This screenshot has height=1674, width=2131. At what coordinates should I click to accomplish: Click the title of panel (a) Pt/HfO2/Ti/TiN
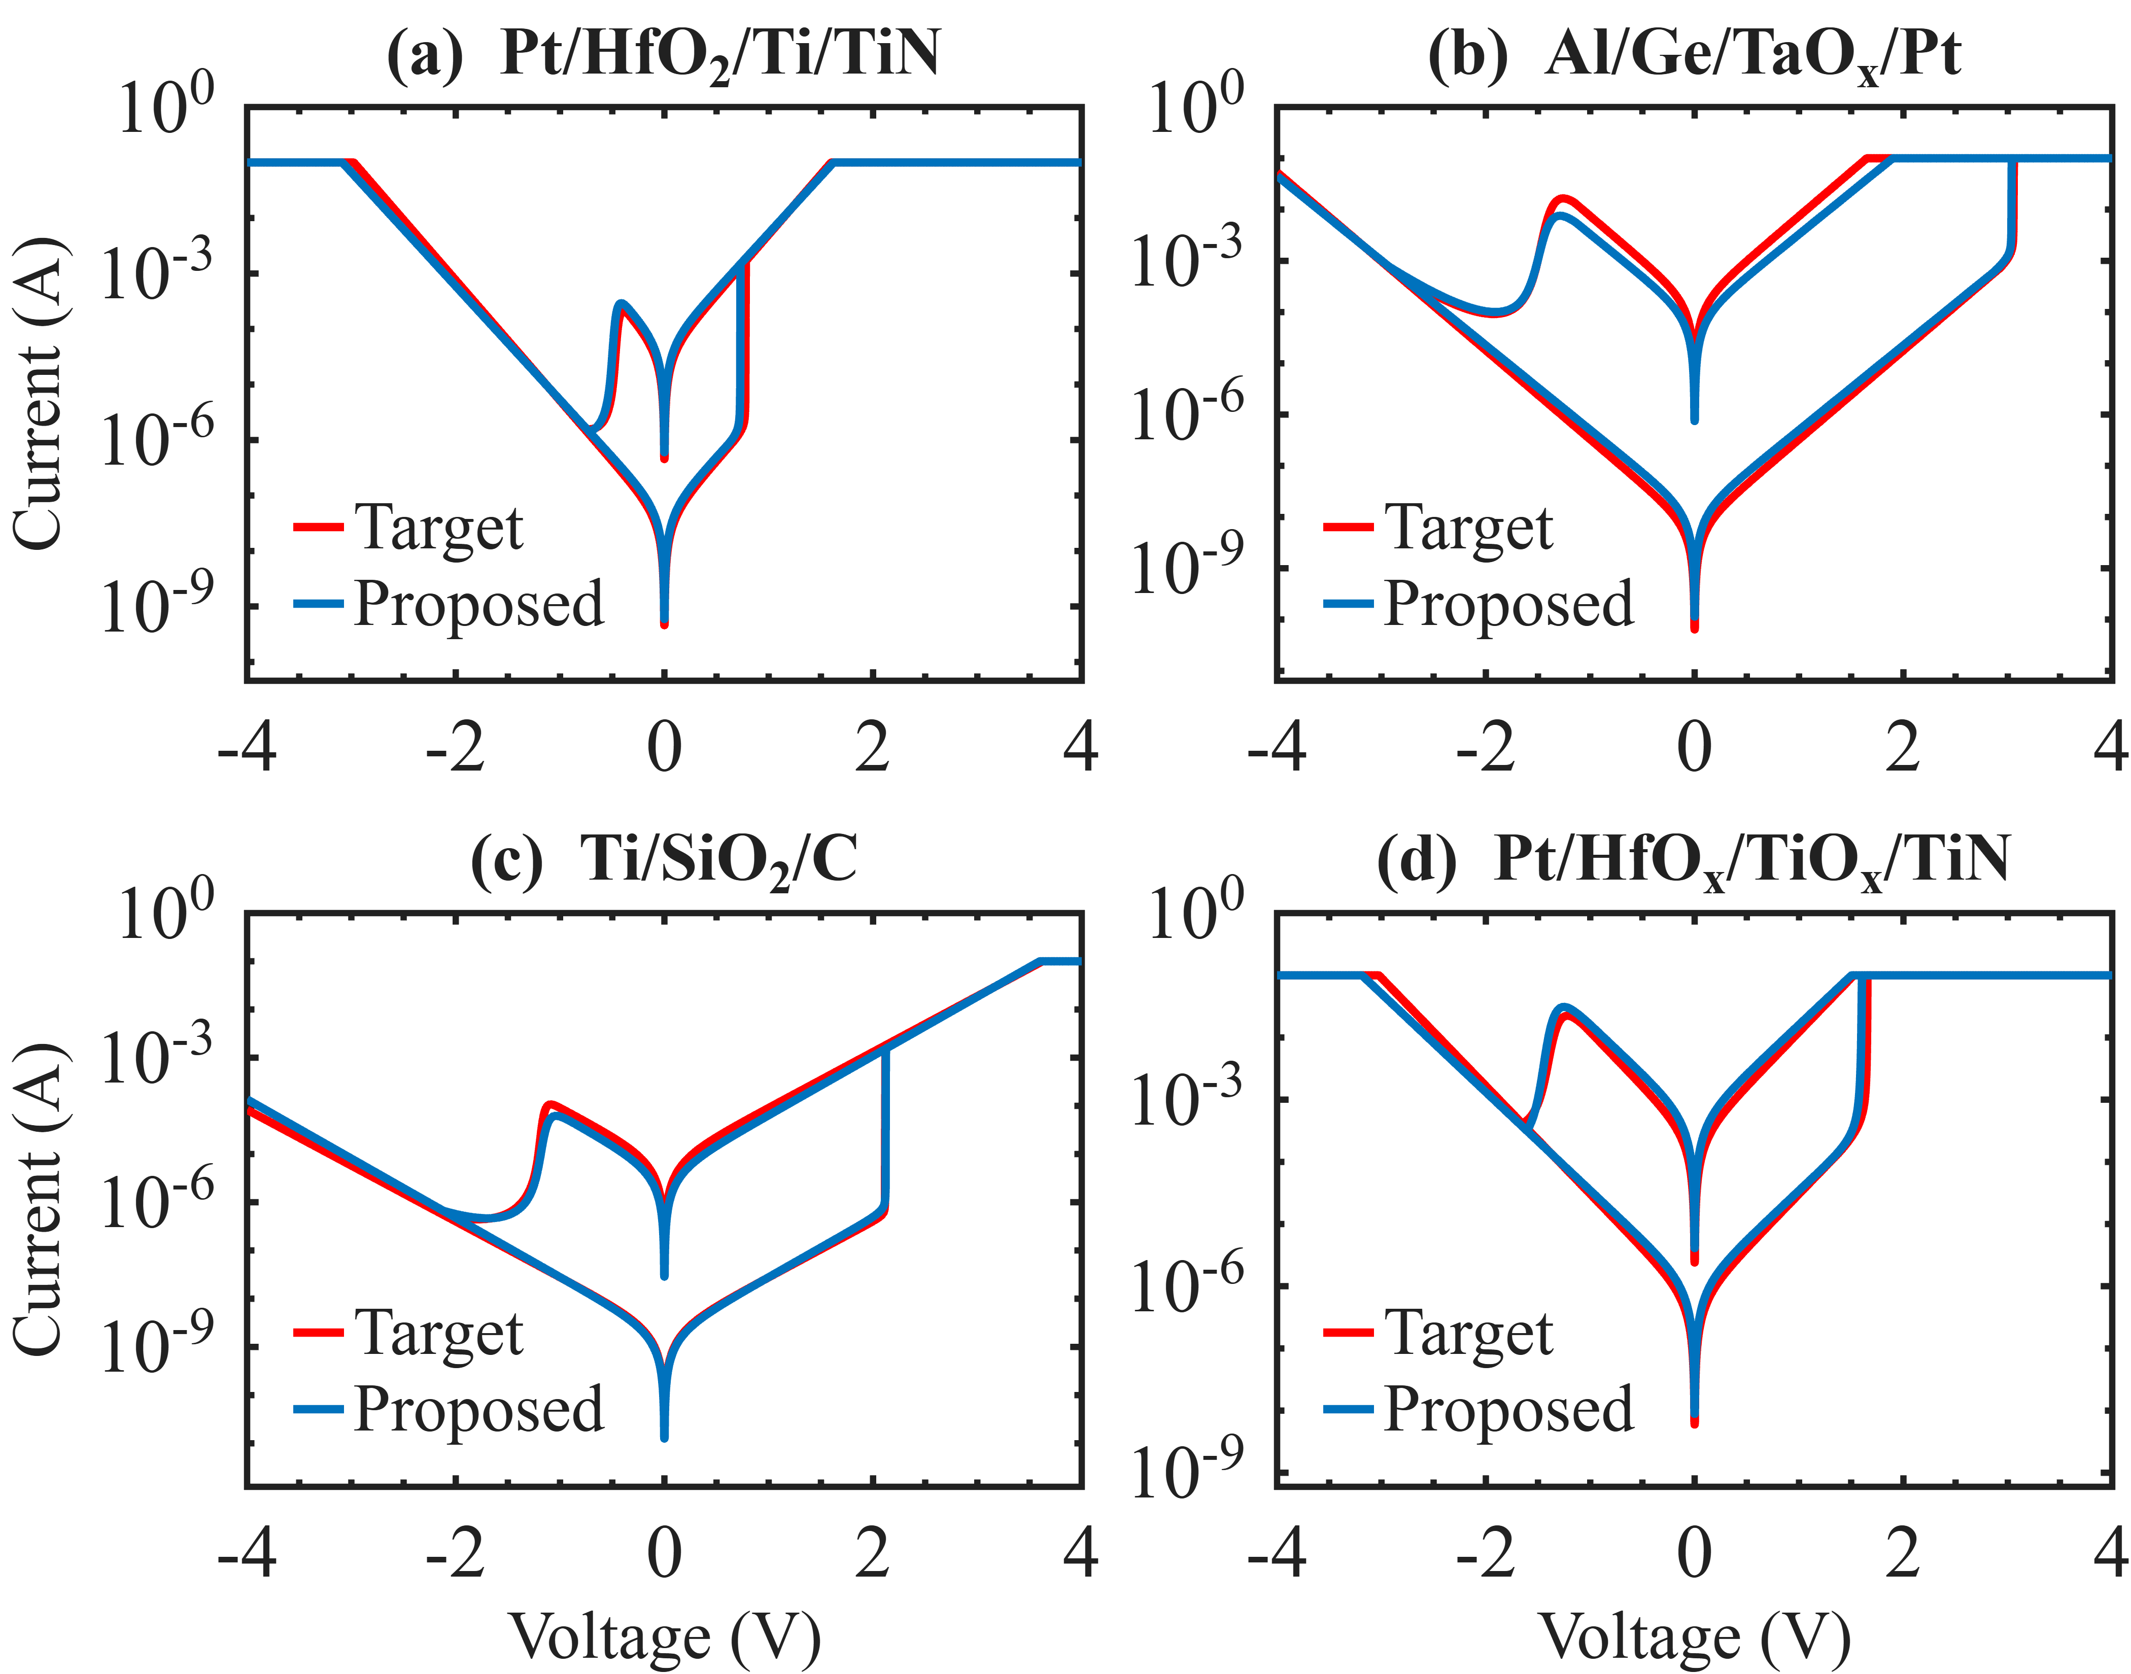tap(664, 54)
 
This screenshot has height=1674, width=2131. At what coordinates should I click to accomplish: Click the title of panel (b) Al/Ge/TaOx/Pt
tap(1694, 54)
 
